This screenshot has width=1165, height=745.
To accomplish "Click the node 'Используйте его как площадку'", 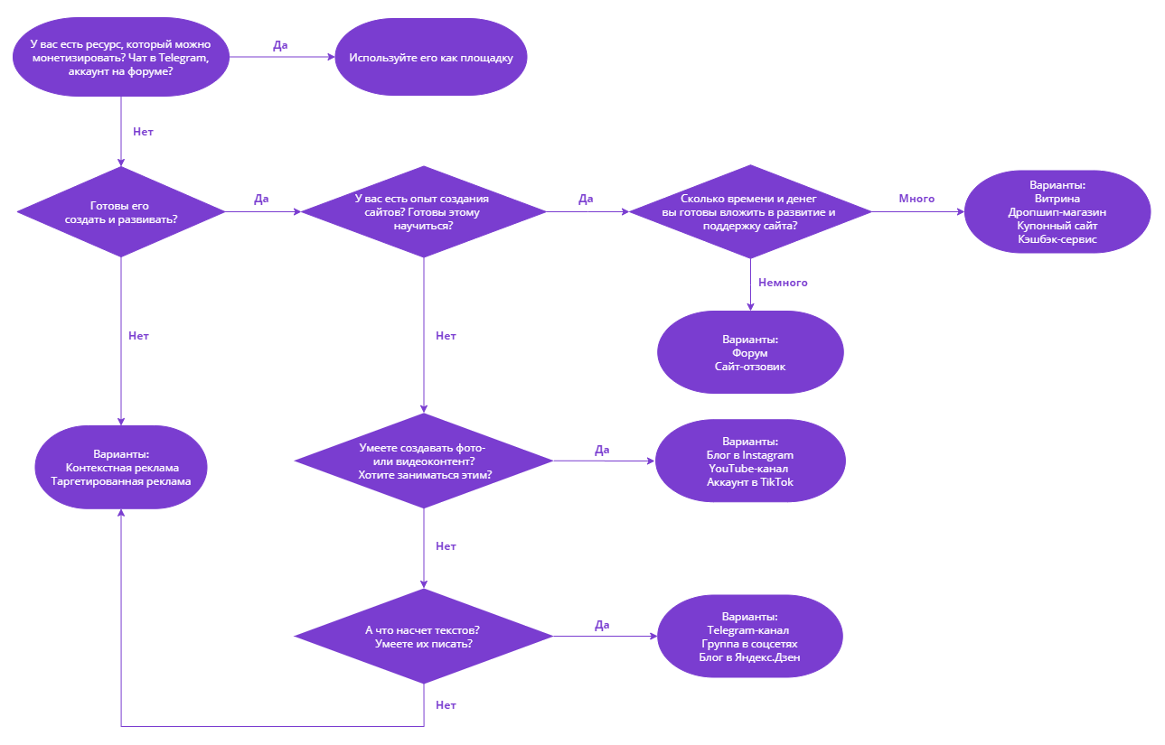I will tap(431, 58).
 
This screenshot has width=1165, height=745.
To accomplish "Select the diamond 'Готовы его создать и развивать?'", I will tap(121, 212).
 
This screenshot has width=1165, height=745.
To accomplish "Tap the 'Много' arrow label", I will tap(916, 198).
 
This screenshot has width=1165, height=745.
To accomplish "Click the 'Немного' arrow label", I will tap(783, 283).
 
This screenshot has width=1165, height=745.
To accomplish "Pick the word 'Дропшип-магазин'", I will tap(1057, 212).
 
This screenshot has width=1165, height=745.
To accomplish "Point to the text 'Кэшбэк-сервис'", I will tap(1057, 239).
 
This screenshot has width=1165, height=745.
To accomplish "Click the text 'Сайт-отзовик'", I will tap(749, 367).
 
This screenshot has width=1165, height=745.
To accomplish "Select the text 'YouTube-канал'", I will tap(749, 469).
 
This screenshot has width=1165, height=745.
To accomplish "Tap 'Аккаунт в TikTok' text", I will tap(749, 482).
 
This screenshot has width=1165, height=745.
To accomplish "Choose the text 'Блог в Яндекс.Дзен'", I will tap(749, 658).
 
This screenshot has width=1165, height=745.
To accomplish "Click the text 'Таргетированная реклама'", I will tap(121, 481).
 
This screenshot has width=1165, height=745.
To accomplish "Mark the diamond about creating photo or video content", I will tap(424, 461).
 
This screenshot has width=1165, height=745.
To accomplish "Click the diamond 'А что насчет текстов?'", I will tap(424, 637).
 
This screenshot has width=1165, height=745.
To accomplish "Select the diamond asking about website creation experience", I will tap(424, 212).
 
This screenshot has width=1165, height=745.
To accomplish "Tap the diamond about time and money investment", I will tap(749, 212).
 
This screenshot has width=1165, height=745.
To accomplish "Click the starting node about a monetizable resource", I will tap(121, 58).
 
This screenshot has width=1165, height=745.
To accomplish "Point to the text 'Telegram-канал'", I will tap(749, 630).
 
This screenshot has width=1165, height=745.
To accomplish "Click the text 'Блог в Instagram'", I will tap(749, 455).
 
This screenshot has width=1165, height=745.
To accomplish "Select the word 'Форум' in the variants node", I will tap(749, 353).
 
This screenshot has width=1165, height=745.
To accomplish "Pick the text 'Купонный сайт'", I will tap(1057, 226).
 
